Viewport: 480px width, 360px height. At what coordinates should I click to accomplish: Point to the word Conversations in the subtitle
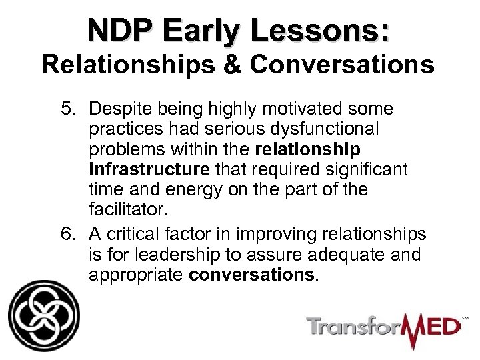[x=344, y=67]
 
